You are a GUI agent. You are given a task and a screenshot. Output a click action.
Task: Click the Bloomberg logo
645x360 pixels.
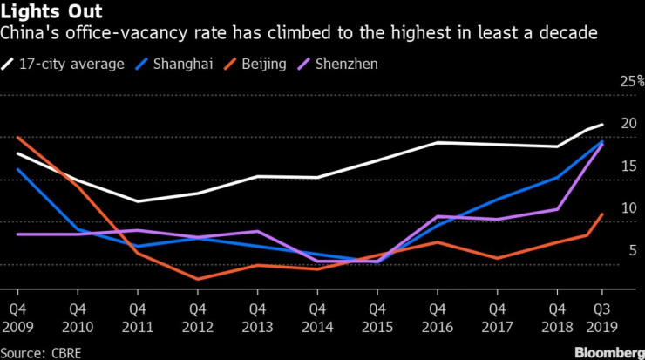pyautogui.click(x=601, y=350)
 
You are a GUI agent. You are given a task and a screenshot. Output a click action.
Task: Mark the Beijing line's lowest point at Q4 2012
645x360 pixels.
pyautogui.click(x=198, y=279)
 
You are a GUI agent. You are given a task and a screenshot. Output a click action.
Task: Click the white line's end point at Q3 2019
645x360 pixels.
pyautogui.click(x=602, y=125)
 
